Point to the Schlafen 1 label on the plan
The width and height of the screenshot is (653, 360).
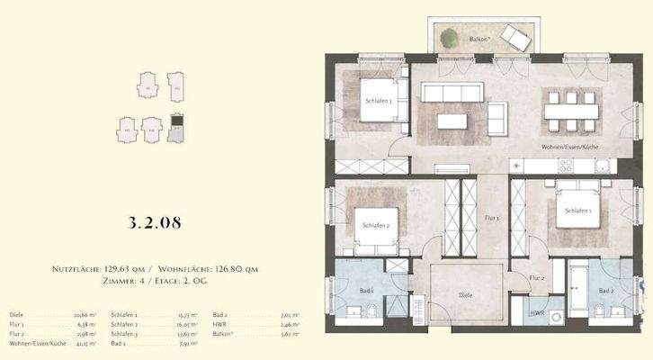(577, 211)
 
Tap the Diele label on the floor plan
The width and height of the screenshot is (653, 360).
(465, 294)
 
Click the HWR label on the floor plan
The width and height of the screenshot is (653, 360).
(538, 314)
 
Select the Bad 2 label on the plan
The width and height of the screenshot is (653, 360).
(605, 291)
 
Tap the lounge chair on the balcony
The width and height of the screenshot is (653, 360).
(516, 38)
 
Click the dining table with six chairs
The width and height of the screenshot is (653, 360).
(570, 111)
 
